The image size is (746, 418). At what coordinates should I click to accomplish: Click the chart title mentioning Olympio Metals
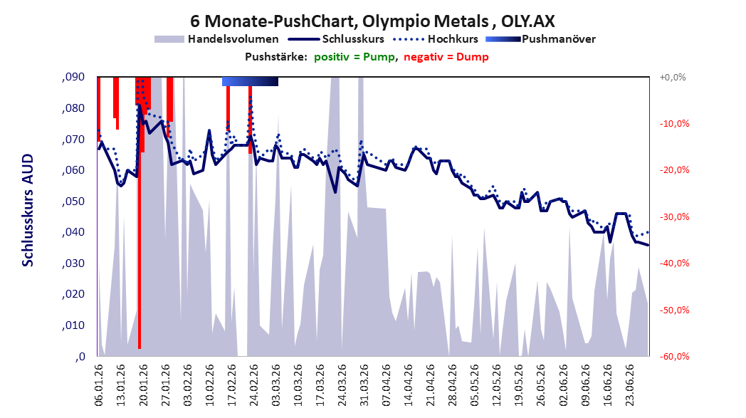coord(372,21)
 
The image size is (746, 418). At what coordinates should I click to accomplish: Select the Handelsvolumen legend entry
coord(216,39)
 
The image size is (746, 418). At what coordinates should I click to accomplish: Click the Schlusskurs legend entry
coord(337,39)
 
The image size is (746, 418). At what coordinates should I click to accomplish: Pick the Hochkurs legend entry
coord(436,39)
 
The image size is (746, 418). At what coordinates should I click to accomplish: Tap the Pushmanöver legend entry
coord(541,39)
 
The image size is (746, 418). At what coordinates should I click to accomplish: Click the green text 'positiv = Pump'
coord(354,57)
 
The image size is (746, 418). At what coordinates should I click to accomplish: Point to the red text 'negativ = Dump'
coord(446,57)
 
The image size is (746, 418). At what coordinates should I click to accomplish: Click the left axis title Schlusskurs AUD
coord(28,210)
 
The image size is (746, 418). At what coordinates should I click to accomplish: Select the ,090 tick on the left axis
coord(73,77)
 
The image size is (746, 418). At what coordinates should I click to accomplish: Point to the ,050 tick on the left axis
coord(73,202)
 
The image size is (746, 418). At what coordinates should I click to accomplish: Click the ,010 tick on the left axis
coord(73,325)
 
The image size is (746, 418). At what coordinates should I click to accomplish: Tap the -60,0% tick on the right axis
coord(674,357)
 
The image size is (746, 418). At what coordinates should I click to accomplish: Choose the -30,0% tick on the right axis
coord(674,217)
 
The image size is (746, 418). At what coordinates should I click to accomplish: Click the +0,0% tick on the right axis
coord(673,77)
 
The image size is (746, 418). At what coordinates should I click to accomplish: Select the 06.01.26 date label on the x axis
coord(98,385)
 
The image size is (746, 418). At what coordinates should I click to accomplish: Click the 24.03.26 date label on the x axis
coord(342,385)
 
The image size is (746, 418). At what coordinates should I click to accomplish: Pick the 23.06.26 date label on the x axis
coord(629,385)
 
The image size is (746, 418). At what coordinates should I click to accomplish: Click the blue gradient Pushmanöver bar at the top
coord(251,81)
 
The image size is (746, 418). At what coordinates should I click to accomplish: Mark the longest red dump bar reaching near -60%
coord(140,213)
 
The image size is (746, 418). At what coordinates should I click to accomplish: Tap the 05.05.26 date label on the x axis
coord(475,385)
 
